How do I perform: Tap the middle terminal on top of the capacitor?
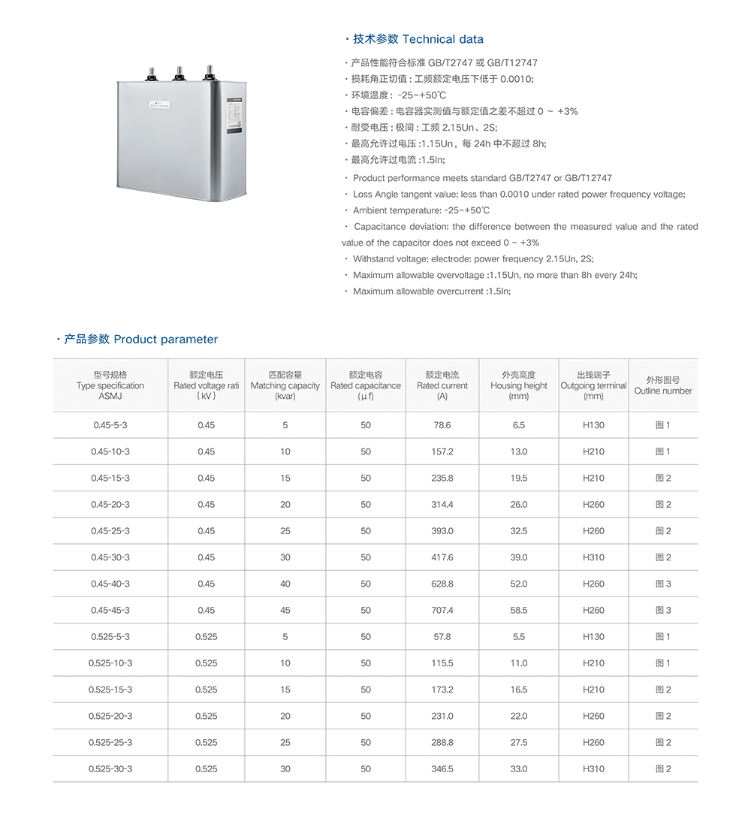coord(179,73)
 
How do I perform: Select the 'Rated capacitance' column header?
coord(366,385)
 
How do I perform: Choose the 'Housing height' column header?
coord(519,385)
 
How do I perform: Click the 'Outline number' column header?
coord(663,385)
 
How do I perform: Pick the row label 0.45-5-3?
coord(110,425)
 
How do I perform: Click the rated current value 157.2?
coord(442,451)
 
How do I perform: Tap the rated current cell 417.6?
coord(442,557)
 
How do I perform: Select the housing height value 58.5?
coord(519,611)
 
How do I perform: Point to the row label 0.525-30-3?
coord(110,769)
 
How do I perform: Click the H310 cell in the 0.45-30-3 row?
coord(593,557)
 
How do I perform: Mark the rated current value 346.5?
coord(442,769)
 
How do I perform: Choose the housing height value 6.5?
coord(519,425)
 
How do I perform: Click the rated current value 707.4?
coord(442,611)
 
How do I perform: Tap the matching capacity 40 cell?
coord(285,584)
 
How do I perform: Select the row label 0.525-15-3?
coord(110,690)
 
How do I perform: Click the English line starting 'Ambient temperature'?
coord(421,210)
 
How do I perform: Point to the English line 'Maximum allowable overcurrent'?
coord(431,291)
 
